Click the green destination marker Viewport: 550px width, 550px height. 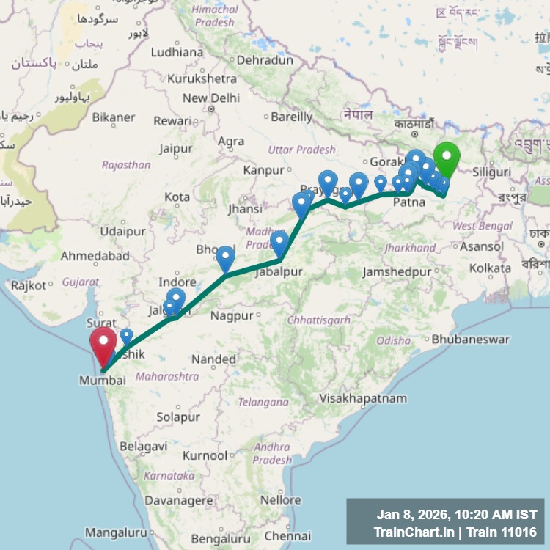[446, 158]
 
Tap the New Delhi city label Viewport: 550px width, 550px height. [211, 98]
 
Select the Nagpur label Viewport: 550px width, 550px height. [232, 316]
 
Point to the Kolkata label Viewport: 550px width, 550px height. [490, 269]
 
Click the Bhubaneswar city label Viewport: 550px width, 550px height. [470, 340]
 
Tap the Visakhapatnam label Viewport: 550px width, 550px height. [363, 398]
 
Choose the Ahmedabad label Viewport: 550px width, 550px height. [95, 256]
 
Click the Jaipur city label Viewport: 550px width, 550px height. [175, 149]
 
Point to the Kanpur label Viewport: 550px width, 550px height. [264, 170]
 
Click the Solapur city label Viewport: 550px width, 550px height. [177, 417]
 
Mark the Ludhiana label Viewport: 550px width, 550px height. [177, 52]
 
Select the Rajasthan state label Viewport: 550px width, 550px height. [127, 165]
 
